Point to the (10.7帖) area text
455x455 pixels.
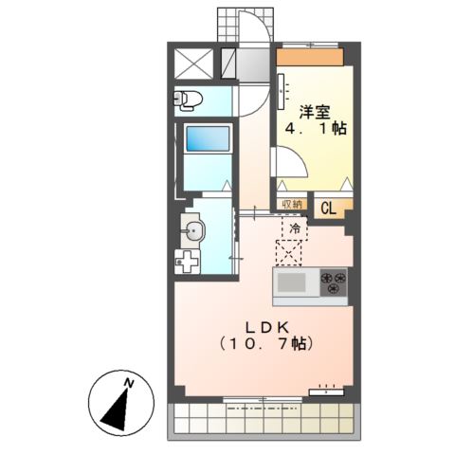(x=268, y=342)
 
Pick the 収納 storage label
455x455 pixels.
(x=291, y=204)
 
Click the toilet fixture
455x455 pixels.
(x=188, y=99)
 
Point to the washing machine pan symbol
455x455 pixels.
(x=189, y=259)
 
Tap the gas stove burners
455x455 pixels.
(x=333, y=282)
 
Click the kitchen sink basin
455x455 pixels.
(x=292, y=282)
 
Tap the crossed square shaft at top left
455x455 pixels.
(x=193, y=64)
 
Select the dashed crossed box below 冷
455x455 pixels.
(x=288, y=252)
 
